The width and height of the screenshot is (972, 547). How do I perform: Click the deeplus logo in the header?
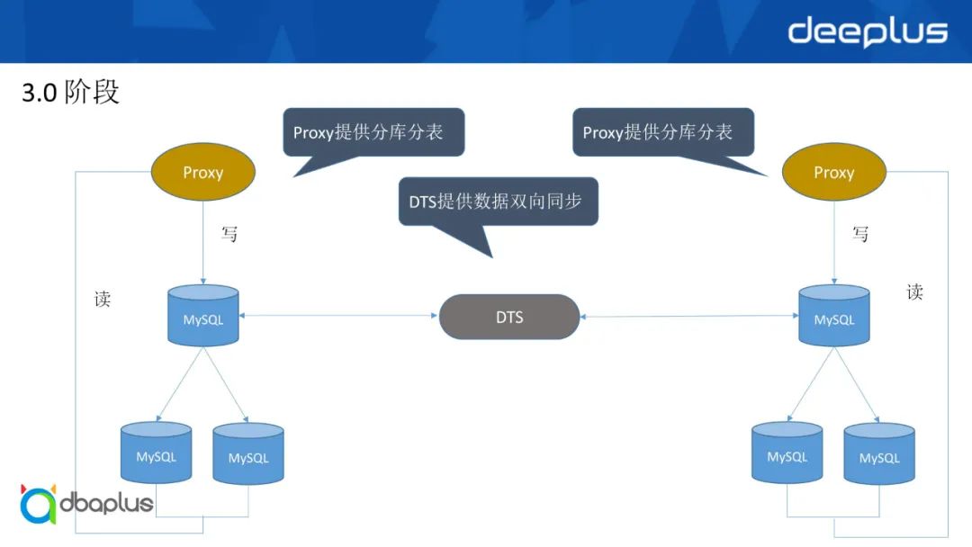pyautogui.click(x=868, y=31)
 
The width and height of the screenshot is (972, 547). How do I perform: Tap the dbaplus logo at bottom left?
pyautogui.click(x=86, y=504)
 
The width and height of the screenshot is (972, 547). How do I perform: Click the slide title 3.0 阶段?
pyautogui.click(x=70, y=92)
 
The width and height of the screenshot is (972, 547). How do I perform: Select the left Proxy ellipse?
pyautogui.click(x=202, y=172)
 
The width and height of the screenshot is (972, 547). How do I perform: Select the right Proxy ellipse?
pyautogui.click(x=833, y=172)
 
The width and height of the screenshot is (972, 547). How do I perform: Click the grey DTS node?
pyautogui.click(x=509, y=317)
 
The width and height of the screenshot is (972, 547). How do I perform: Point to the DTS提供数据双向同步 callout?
pyautogui.click(x=498, y=202)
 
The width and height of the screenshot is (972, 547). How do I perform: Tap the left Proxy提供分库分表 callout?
pyautogui.click(x=373, y=132)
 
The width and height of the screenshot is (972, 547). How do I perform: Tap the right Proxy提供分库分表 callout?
pyautogui.click(x=662, y=132)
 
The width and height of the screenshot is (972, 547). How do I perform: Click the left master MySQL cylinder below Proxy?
pyautogui.click(x=203, y=316)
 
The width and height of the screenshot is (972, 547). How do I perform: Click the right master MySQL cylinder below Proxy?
pyautogui.click(x=834, y=316)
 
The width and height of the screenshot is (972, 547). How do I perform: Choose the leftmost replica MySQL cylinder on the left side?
pyautogui.click(x=157, y=453)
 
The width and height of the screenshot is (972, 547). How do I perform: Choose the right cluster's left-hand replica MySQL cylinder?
pyautogui.click(x=787, y=453)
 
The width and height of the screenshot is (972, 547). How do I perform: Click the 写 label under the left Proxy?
pyautogui.click(x=229, y=234)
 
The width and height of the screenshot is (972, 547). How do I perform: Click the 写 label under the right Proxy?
pyautogui.click(x=860, y=234)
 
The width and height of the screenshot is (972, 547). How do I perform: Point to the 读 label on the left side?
pyautogui.click(x=103, y=300)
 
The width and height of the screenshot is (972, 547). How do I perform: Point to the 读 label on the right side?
pyautogui.click(x=914, y=291)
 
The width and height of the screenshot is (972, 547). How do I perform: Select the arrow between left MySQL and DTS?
pyautogui.click(x=338, y=316)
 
